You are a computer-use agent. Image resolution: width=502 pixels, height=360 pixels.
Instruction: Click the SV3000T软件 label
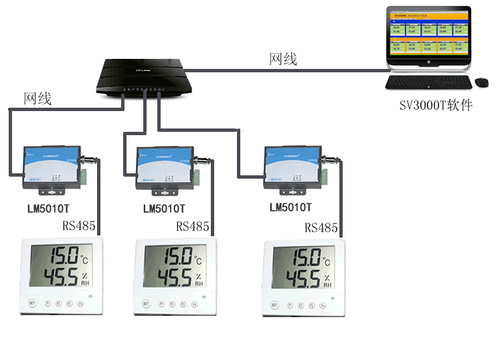click(x=436, y=105)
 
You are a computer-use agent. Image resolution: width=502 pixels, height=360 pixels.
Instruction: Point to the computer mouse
click(x=481, y=82)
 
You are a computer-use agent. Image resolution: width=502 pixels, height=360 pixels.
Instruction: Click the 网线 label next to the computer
click(x=283, y=60)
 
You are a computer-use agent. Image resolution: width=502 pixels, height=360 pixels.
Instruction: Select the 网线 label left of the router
click(x=37, y=99)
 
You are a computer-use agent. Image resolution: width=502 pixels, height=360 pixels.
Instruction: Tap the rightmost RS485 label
click(x=321, y=228)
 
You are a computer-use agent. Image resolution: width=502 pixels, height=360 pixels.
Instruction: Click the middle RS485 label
click(x=193, y=227)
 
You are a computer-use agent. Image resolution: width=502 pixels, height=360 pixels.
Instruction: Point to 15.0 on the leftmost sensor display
click(x=52, y=257)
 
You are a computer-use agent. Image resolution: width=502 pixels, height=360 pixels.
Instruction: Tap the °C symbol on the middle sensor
click(x=197, y=260)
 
